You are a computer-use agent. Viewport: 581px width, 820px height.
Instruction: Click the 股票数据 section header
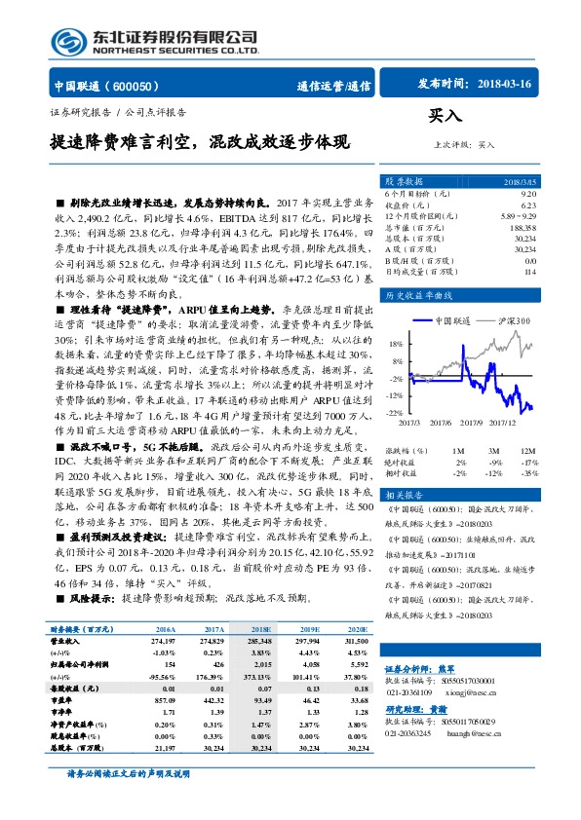(403, 182)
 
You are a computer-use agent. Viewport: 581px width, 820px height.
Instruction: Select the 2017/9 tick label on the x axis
(473, 422)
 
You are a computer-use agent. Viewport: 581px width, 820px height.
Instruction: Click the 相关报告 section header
(403, 493)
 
